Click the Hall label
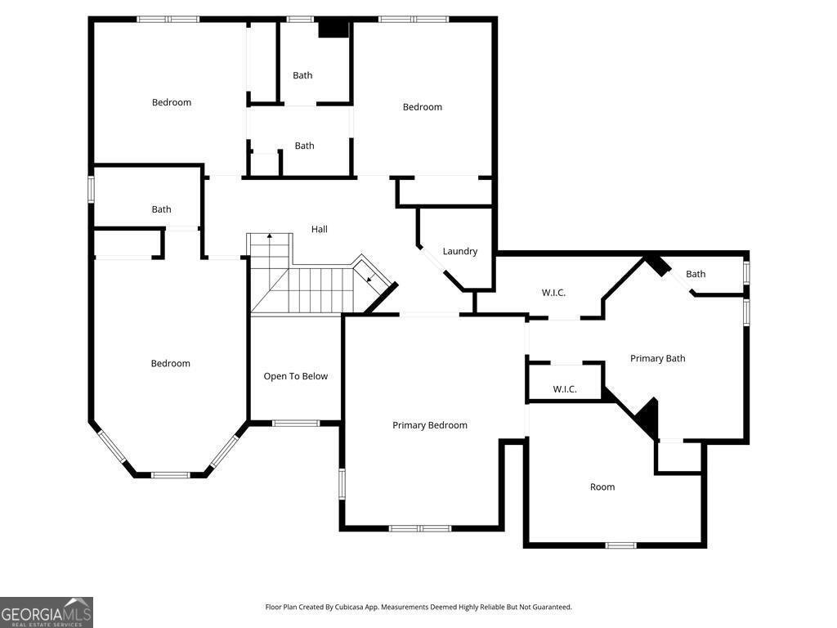pyautogui.click(x=320, y=229)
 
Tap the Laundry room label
pyautogui.click(x=460, y=251)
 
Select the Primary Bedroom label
pyautogui.click(x=430, y=425)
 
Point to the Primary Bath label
pyautogui.click(x=657, y=358)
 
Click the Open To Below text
pyautogui.click(x=295, y=376)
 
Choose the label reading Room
pyautogui.click(x=602, y=487)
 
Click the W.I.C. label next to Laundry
pyautogui.click(x=553, y=293)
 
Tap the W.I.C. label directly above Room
pyautogui.click(x=565, y=389)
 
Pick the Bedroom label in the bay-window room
pyautogui.click(x=170, y=363)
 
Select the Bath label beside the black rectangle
pyautogui.click(x=302, y=75)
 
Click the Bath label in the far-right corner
pyautogui.click(x=696, y=274)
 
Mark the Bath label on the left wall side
pyautogui.click(x=161, y=209)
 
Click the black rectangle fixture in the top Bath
pyautogui.click(x=333, y=29)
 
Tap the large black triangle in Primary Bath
pyautogui.click(x=647, y=417)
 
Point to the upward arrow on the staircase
pyautogui.click(x=270, y=237)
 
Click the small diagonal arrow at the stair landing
pyautogui.click(x=369, y=278)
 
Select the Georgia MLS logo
pyautogui.click(x=47, y=612)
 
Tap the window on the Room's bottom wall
pyautogui.click(x=620, y=545)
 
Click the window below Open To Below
pyautogui.click(x=295, y=423)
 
